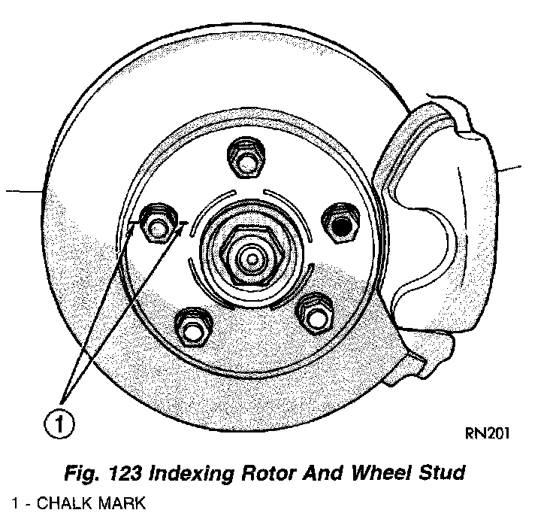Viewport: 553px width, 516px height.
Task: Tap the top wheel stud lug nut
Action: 246,156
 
